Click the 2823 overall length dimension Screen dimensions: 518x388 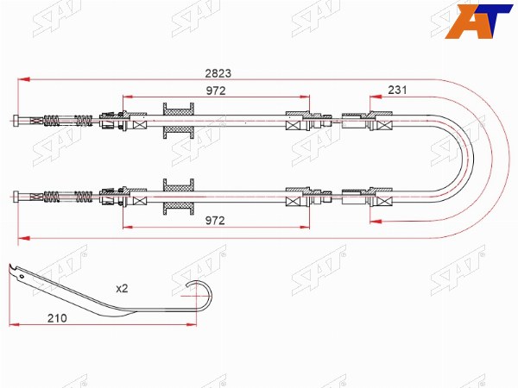pos(218,73)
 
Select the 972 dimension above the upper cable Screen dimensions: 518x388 pos(216,91)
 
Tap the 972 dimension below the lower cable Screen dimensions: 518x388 pos(215,221)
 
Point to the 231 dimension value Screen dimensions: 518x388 pos(397,90)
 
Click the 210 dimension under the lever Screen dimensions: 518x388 pos(57,318)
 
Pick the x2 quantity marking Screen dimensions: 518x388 pos(122,289)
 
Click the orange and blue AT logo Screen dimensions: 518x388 pos(478,21)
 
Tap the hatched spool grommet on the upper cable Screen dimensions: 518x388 pos(179,121)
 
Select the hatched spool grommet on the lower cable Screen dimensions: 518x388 pos(179,197)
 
